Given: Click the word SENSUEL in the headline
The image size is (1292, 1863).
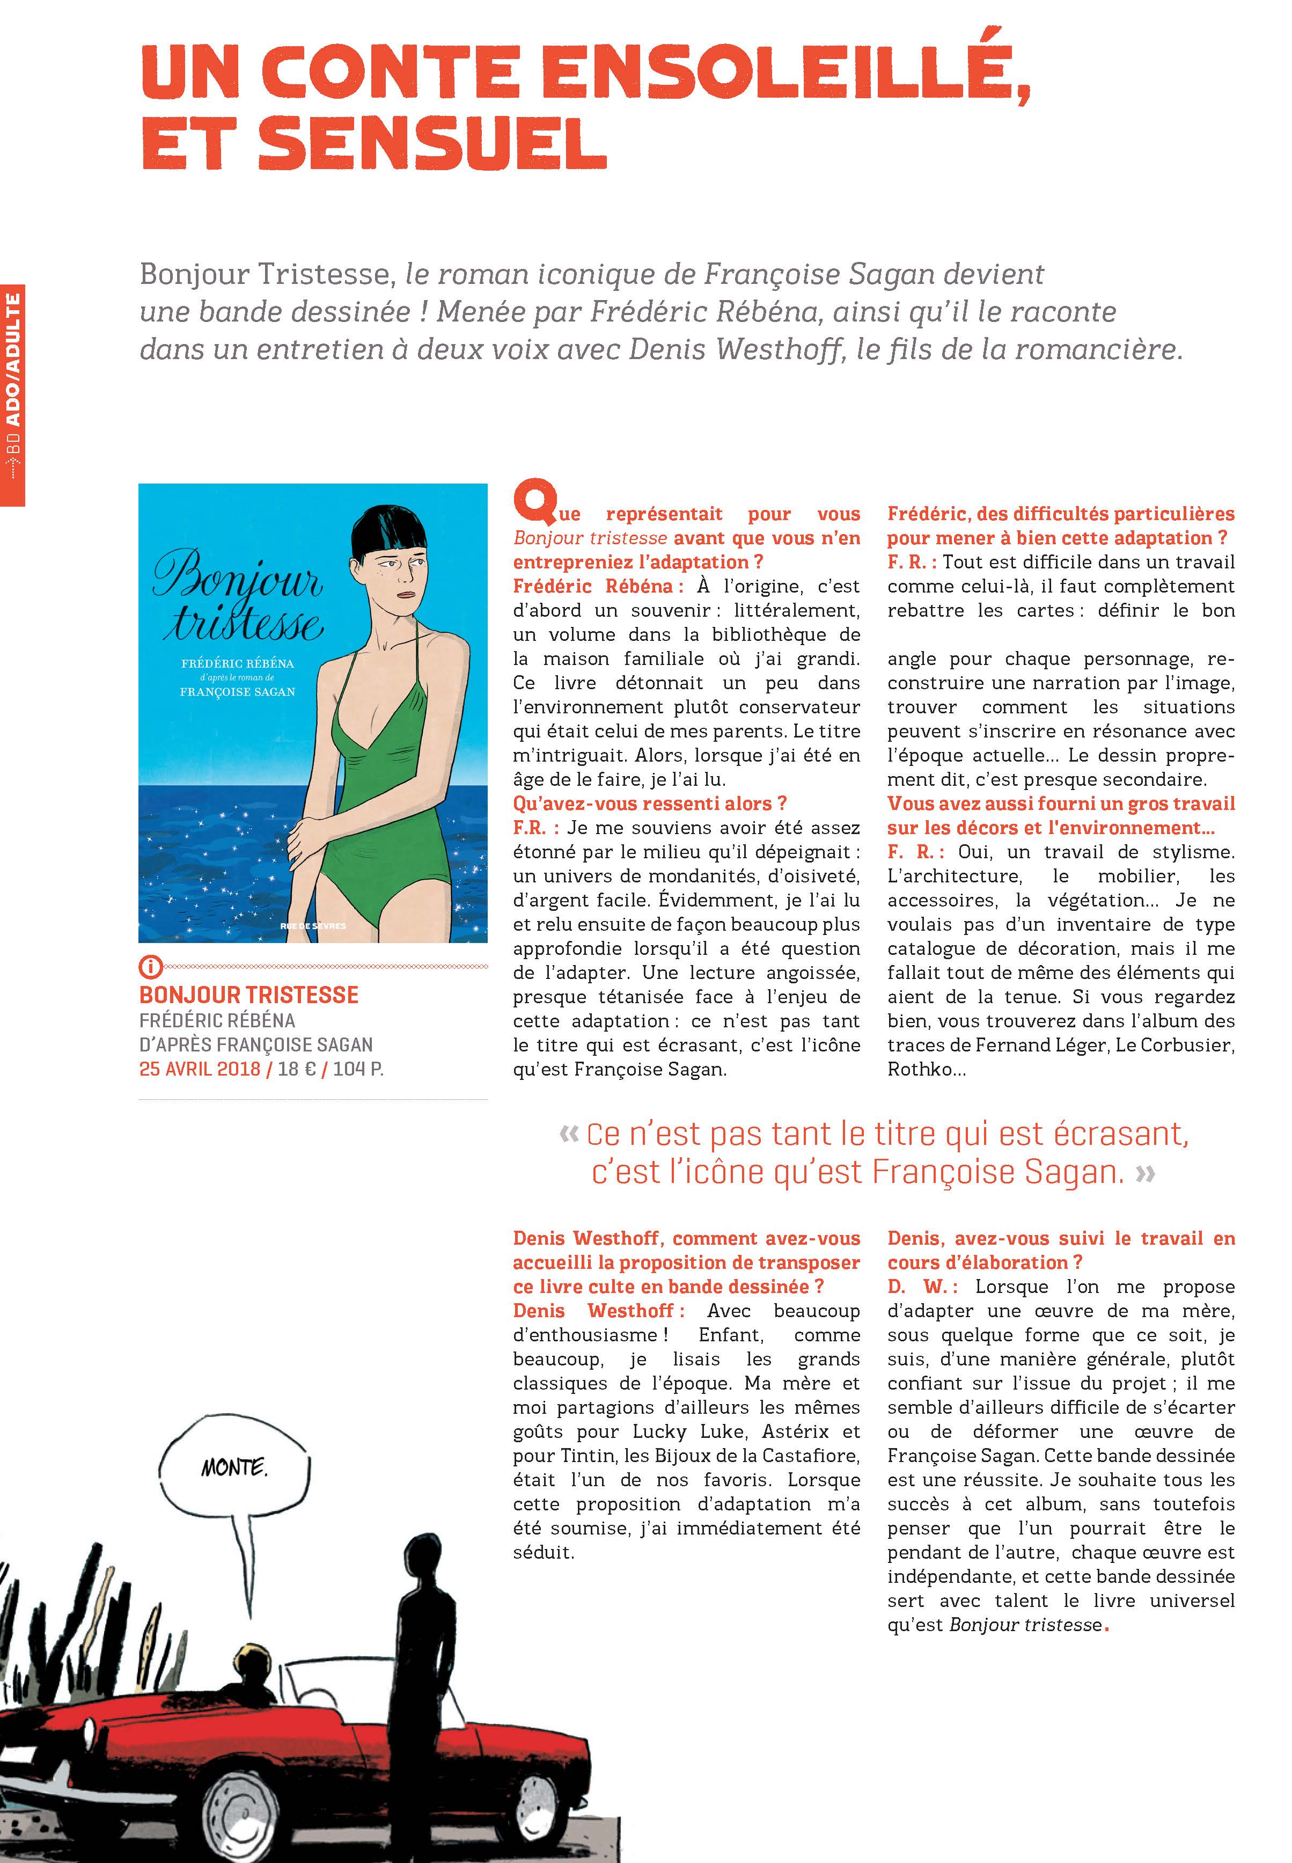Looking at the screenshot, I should click(x=431, y=145).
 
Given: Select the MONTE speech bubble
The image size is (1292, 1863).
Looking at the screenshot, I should click(x=234, y=1467).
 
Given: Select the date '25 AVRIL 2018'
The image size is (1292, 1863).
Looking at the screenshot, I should click(x=199, y=1069).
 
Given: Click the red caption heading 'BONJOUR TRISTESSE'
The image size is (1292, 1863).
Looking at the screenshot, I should click(x=248, y=995).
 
